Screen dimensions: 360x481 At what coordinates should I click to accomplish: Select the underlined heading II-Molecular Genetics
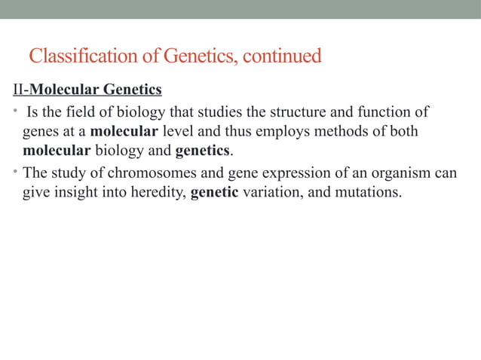87,90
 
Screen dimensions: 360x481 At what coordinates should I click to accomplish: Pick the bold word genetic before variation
215,192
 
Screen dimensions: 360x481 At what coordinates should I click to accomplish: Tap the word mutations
367,192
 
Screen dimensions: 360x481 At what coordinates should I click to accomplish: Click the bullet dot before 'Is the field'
16,113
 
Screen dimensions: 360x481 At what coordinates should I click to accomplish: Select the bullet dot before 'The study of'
16,172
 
